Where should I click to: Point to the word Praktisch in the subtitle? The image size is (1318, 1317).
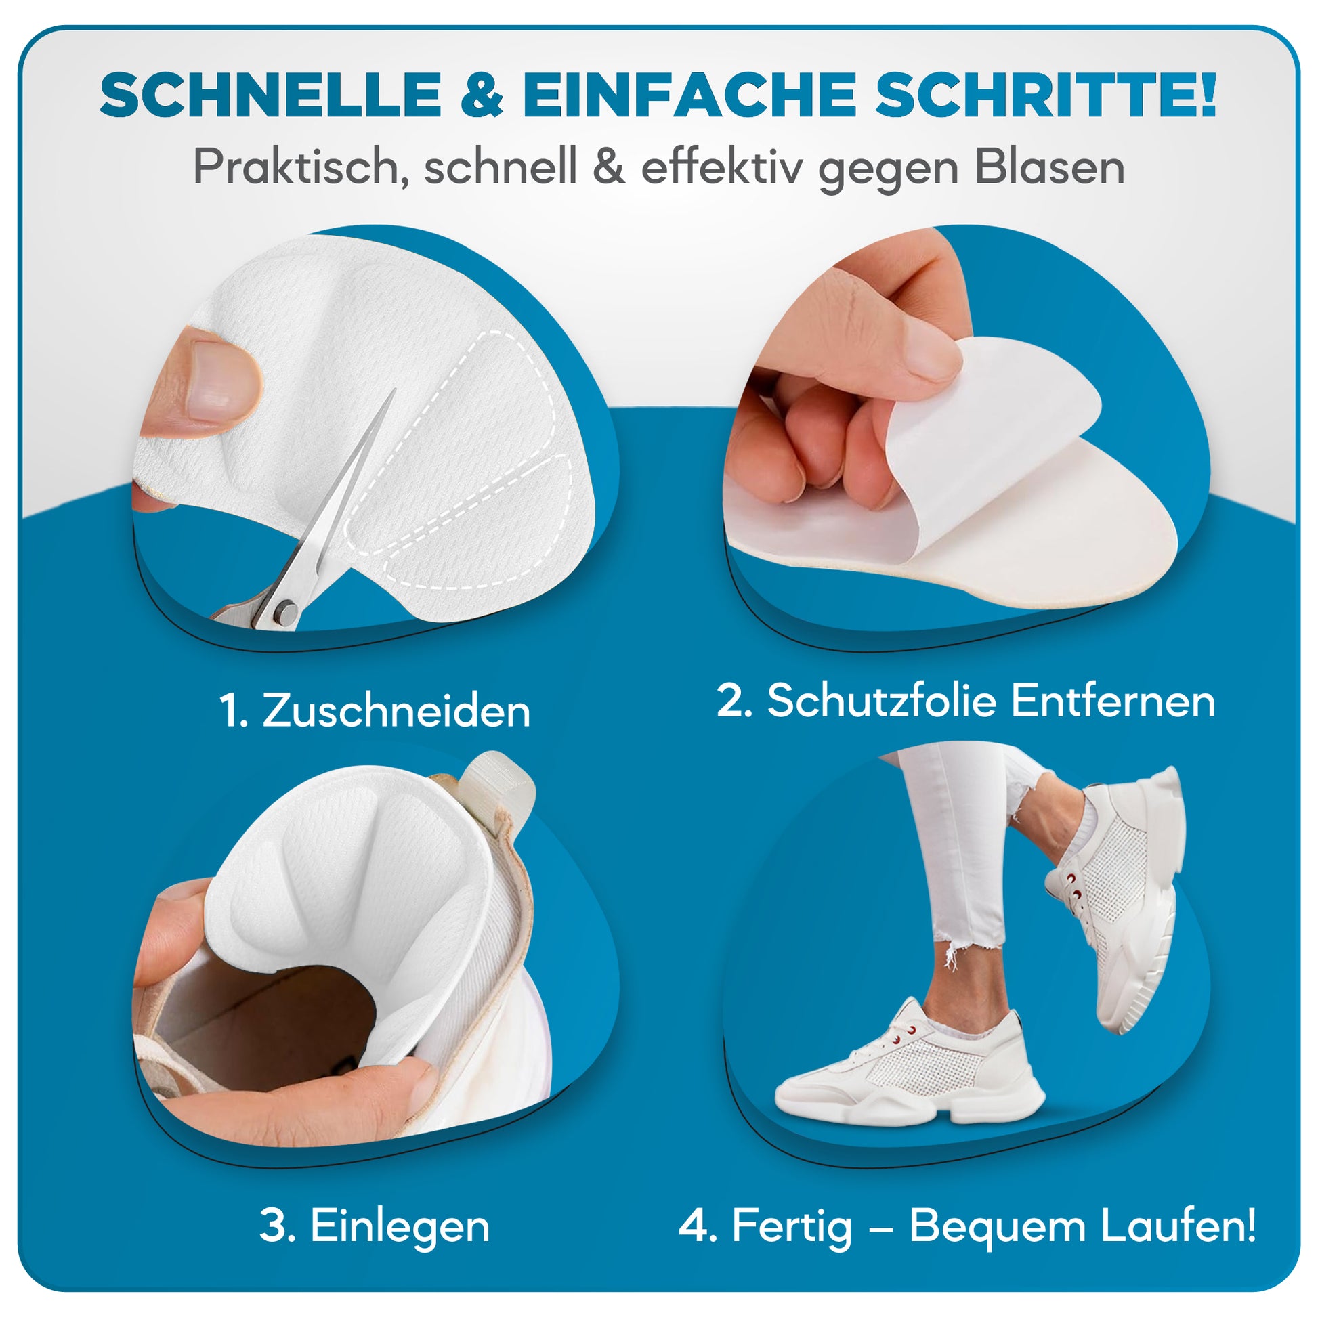(295, 168)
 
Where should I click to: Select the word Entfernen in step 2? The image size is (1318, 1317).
(1113, 701)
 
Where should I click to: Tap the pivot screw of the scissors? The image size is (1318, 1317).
(285, 613)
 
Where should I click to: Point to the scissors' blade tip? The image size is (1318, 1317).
(394, 391)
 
